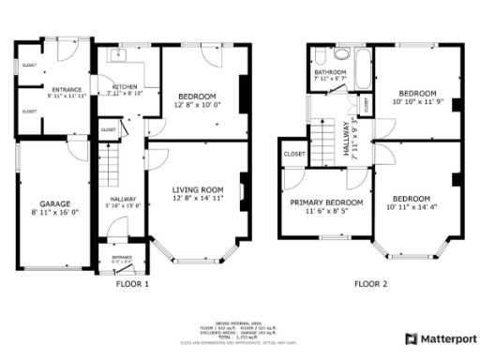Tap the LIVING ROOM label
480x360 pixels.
197,190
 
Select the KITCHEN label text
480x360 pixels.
125,85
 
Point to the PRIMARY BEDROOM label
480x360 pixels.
326,203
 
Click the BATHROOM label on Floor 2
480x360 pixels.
330,72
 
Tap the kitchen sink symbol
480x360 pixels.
117,57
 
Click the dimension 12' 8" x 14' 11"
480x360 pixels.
197,199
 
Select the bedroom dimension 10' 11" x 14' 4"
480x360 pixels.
412,207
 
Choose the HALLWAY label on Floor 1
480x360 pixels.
124,199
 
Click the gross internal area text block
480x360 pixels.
240,333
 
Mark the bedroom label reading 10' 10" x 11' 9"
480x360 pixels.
417,101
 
